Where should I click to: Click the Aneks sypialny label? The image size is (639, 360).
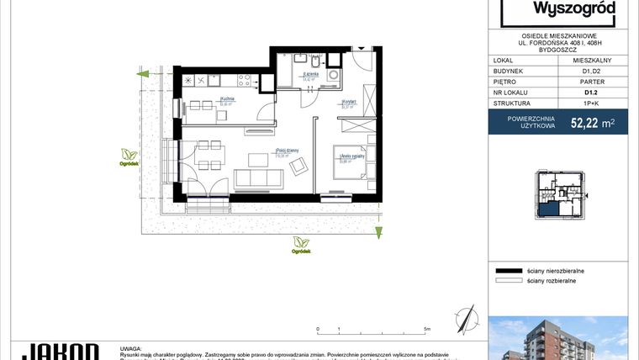tap(350, 156)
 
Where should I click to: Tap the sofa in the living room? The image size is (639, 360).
tap(257, 178)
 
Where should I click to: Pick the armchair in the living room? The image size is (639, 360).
tap(299, 168)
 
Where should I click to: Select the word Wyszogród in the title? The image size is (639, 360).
tap(574, 9)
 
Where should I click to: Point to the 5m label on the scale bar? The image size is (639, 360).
tap(428, 330)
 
